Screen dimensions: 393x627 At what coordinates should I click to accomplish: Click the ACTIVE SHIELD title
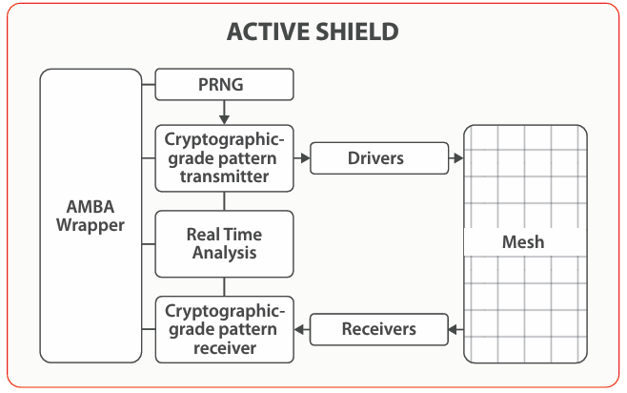(x=313, y=31)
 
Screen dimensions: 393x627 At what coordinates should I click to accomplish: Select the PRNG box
(x=224, y=85)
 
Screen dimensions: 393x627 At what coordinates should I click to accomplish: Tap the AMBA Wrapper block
(x=90, y=217)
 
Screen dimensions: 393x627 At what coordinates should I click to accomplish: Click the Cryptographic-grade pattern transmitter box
(x=224, y=158)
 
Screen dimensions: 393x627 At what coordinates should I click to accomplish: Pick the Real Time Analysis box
(x=224, y=243)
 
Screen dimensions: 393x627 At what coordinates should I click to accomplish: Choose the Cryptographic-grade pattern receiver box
(x=224, y=329)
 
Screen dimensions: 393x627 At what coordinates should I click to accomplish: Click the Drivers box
(x=378, y=158)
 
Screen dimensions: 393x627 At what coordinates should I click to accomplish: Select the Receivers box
(x=378, y=329)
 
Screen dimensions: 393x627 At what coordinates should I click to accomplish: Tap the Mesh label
(x=523, y=241)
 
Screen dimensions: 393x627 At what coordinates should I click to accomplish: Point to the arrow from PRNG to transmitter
(x=224, y=113)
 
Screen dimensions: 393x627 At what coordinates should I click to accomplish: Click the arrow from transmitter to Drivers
(x=301, y=158)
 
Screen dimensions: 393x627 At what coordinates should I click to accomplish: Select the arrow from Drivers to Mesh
(x=455, y=158)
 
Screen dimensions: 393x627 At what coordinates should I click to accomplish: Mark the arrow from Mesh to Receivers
(x=455, y=330)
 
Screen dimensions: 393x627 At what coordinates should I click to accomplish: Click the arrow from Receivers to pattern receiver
(x=301, y=330)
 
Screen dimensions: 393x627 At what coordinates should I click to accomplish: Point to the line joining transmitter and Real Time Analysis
(x=224, y=200)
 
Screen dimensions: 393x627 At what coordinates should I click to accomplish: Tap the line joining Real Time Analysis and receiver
(x=224, y=286)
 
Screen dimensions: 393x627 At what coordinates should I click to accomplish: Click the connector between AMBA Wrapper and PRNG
(x=147, y=85)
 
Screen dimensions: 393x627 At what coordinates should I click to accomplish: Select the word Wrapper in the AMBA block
(x=90, y=226)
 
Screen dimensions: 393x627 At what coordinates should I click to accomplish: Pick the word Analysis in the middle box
(x=224, y=253)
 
